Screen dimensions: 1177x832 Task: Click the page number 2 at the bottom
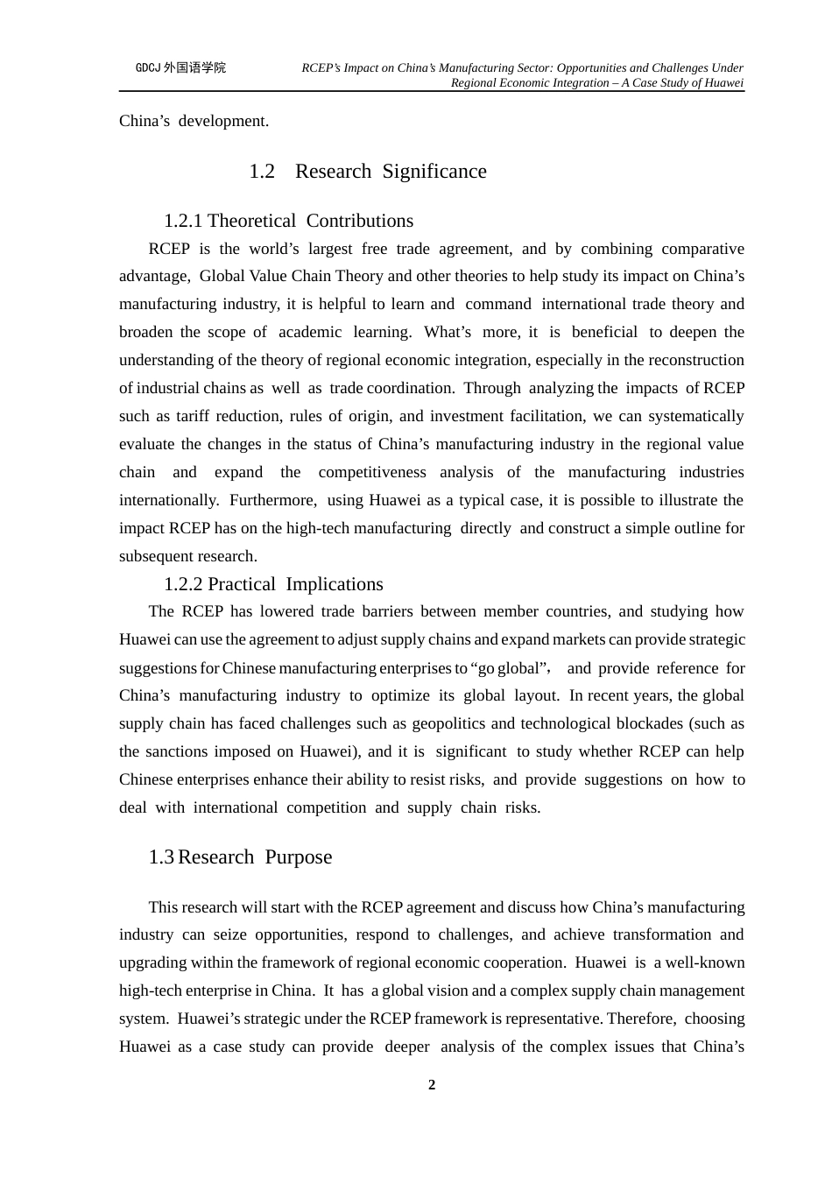(x=431, y=1085)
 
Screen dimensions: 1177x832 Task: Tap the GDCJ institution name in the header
(x=181, y=67)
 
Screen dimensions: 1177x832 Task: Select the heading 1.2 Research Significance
(x=368, y=172)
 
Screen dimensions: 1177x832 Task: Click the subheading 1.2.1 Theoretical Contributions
(x=288, y=221)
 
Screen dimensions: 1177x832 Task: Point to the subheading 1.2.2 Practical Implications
(x=273, y=584)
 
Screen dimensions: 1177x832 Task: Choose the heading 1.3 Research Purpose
(x=240, y=857)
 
